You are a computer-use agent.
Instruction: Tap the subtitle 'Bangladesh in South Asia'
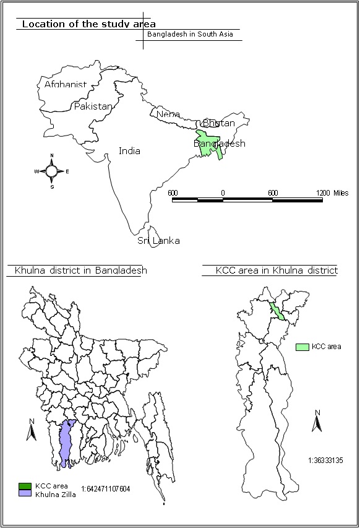pyautogui.click(x=189, y=34)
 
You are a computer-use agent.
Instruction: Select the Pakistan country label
pyautogui.click(x=93, y=106)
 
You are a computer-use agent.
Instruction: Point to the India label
pyautogui.click(x=129, y=150)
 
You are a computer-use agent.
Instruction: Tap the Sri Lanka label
pyautogui.click(x=158, y=240)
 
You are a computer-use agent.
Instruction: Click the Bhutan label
pyautogui.click(x=218, y=123)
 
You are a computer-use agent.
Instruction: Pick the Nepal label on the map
pyautogui.click(x=168, y=115)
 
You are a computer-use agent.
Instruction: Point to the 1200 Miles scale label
pyautogui.click(x=332, y=193)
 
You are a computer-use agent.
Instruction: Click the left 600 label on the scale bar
pyautogui.click(x=173, y=193)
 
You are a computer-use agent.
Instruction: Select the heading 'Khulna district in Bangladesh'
pyautogui.click(x=77, y=270)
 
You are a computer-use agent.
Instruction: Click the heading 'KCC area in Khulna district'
pyautogui.click(x=276, y=270)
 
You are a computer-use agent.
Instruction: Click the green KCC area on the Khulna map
pyautogui.click(x=278, y=311)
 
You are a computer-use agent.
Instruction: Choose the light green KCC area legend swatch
pyautogui.click(x=302, y=347)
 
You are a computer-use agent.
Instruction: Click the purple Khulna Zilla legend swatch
pyautogui.click(x=24, y=494)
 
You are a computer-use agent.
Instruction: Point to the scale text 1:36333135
pyautogui.click(x=325, y=460)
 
